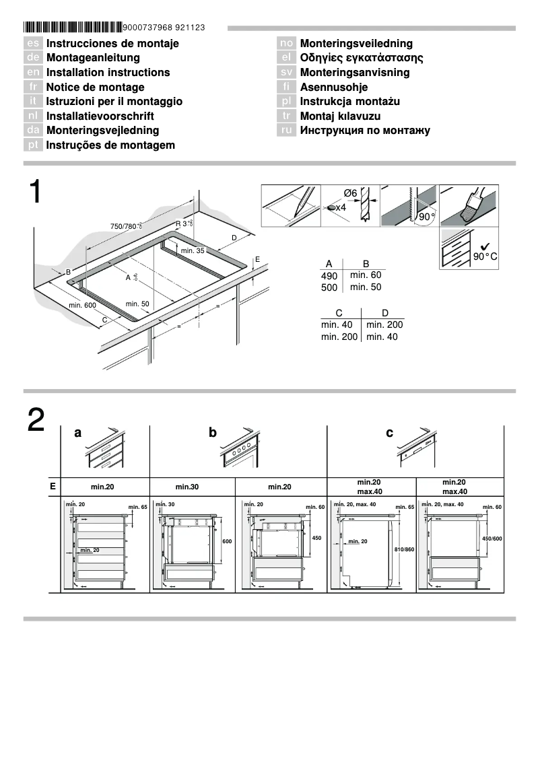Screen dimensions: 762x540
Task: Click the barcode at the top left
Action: coord(73,28)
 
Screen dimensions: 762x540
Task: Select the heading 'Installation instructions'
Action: coord(108,73)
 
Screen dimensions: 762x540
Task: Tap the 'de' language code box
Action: coord(33,58)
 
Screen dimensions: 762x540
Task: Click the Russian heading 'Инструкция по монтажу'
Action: coord(364,131)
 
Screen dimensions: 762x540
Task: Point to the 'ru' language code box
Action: coord(287,131)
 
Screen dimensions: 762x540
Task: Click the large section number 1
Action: coord(36,193)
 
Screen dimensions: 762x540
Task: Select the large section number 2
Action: coord(36,421)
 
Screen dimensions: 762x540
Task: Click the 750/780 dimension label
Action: coord(126,226)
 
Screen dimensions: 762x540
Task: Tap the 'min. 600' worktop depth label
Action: coord(83,306)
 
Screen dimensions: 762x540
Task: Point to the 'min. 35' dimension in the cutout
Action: coord(192,250)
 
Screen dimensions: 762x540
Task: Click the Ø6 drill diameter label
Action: coord(350,193)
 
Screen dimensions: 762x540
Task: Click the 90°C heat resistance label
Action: coord(485,256)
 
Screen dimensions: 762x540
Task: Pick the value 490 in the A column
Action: coord(330,275)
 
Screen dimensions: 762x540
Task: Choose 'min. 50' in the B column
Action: coord(366,287)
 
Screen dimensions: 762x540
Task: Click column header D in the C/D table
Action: coord(384,312)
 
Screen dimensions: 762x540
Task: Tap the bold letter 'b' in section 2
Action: coord(213,434)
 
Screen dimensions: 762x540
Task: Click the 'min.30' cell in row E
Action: coord(191,487)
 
